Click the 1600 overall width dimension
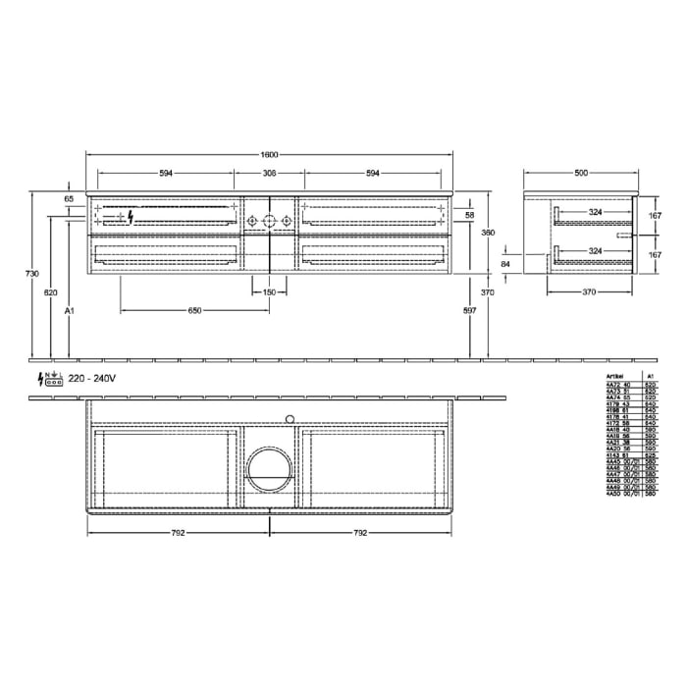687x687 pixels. (x=270, y=154)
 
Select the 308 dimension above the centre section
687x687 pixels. (x=270, y=173)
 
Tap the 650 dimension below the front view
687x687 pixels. (x=194, y=310)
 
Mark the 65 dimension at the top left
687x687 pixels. (x=69, y=199)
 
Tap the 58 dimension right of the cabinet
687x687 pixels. (x=469, y=215)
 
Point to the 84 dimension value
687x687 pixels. (x=506, y=263)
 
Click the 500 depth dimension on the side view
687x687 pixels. (x=581, y=173)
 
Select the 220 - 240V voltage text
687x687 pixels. (x=92, y=378)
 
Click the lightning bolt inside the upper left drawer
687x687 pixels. (x=130, y=218)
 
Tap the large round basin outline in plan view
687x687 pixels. (x=270, y=469)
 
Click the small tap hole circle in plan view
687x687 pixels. (x=290, y=419)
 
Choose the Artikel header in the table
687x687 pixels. (x=615, y=375)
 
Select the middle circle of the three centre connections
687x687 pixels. (x=270, y=221)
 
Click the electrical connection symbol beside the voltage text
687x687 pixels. (x=50, y=379)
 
